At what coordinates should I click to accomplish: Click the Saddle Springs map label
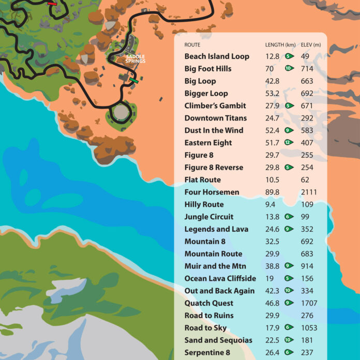[x=136, y=59]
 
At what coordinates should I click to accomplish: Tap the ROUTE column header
[x=192, y=45]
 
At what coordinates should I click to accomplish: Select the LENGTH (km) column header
[x=280, y=45]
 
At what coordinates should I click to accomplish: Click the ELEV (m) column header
[x=311, y=45]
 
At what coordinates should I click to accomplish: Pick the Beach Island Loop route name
[x=217, y=56]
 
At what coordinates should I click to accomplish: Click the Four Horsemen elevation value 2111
[x=309, y=192]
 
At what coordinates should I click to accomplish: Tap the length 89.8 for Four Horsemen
[x=272, y=192]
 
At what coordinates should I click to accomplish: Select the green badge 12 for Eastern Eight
[x=289, y=143]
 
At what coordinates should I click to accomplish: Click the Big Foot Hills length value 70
[x=269, y=69]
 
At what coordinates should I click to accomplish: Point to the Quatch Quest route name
[x=209, y=303]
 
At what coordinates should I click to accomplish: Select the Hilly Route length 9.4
[x=270, y=204]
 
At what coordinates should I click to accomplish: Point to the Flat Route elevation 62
[x=305, y=179]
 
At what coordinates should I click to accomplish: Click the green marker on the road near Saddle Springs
[x=134, y=80]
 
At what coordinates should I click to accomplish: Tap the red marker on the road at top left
[x=52, y=3]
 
